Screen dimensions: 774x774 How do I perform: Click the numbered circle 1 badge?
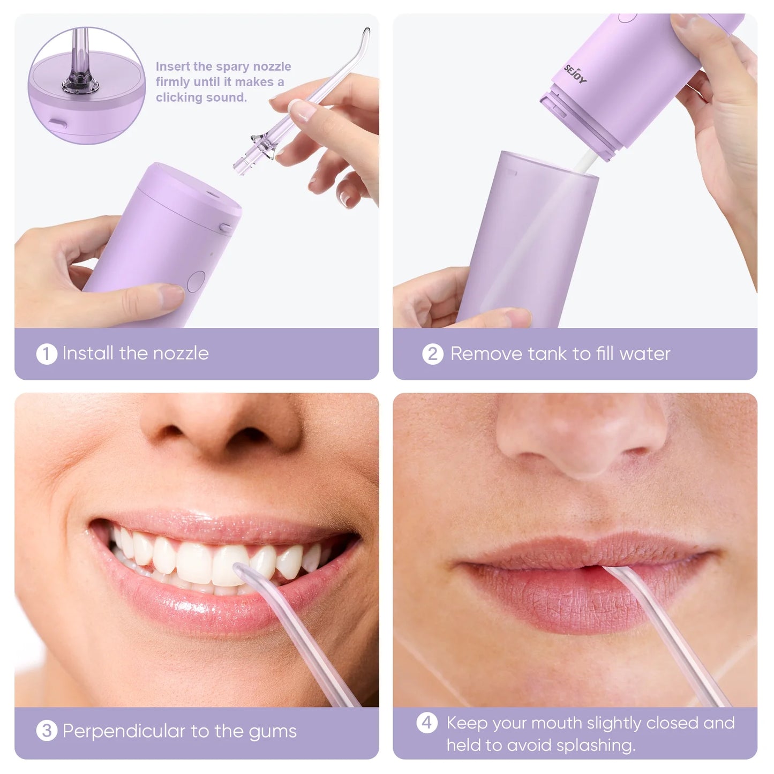[47, 354]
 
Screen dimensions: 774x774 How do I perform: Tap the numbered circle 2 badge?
[433, 354]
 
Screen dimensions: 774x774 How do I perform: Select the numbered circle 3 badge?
[47, 731]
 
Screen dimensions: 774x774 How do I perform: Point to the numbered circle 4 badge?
[426, 723]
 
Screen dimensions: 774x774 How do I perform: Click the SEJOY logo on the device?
[575, 73]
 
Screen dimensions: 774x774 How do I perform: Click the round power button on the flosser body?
[196, 281]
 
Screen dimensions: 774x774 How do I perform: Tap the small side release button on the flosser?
[226, 228]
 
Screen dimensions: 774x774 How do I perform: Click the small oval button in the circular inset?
[58, 124]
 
